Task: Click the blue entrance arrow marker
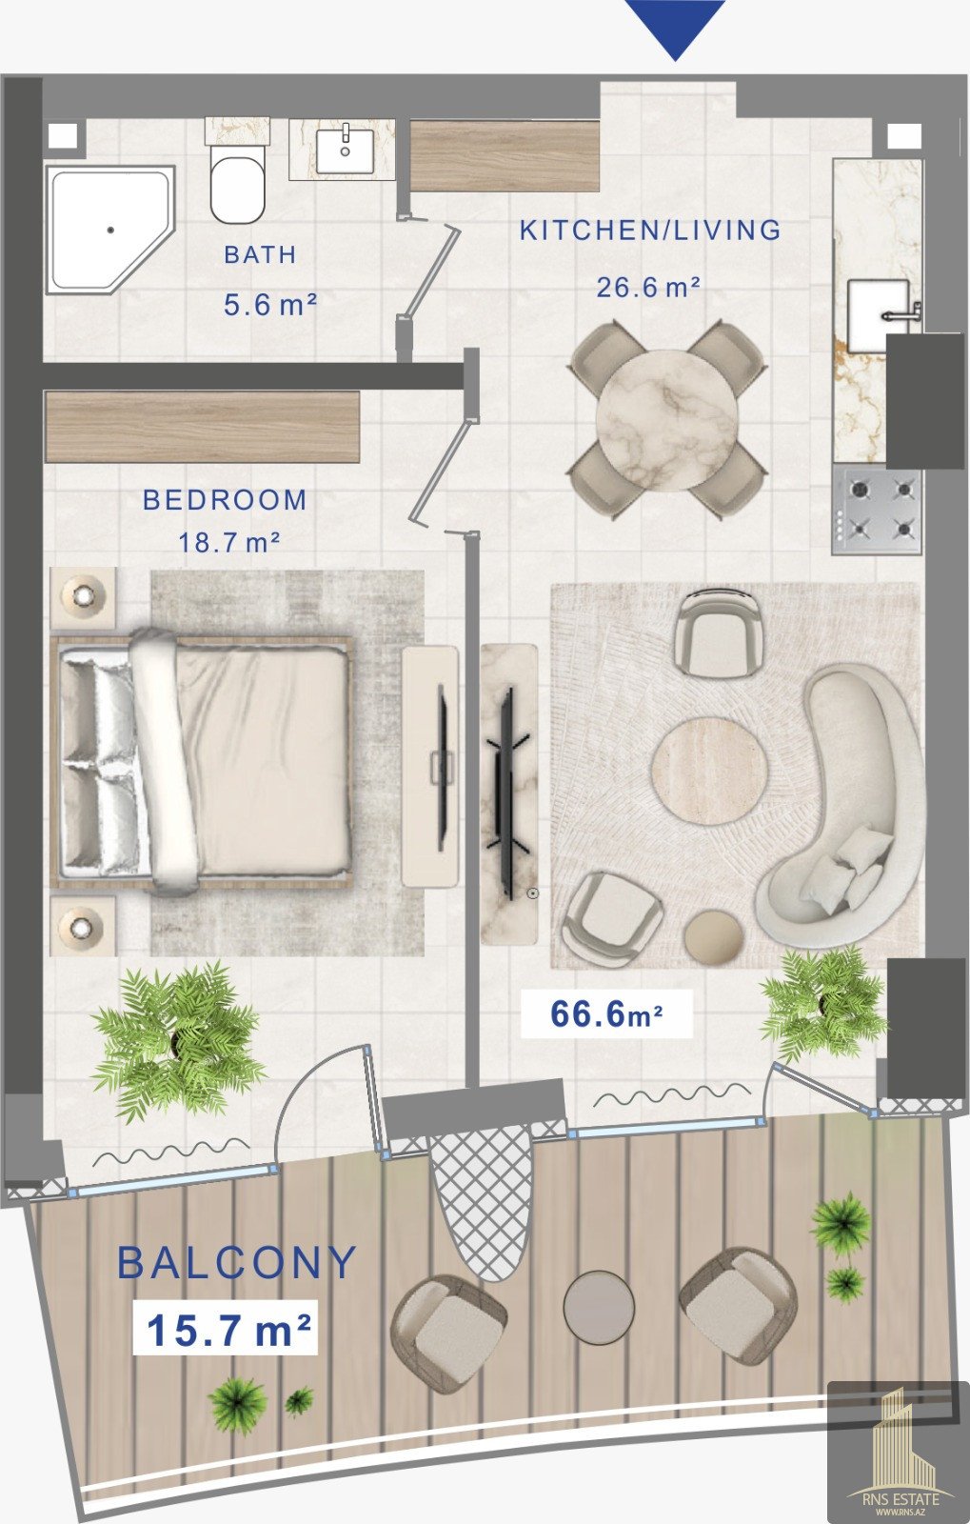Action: pyautogui.click(x=675, y=28)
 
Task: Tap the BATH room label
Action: pyautogui.click(x=261, y=255)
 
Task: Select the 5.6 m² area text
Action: pyautogui.click(x=270, y=304)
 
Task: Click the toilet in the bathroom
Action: pyautogui.click(x=237, y=183)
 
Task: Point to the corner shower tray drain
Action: pyautogui.click(x=110, y=230)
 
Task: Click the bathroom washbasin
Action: pyautogui.click(x=346, y=149)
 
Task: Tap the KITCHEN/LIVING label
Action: pyautogui.click(x=650, y=230)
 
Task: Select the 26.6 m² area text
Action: pyautogui.click(x=648, y=287)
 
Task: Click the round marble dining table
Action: pyautogui.click(x=667, y=421)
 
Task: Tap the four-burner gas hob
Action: pyautogui.click(x=878, y=509)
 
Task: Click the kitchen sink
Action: pyautogui.click(x=880, y=315)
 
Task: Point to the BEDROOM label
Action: pyautogui.click(x=225, y=500)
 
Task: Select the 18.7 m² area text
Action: pyautogui.click(x=229, y=543)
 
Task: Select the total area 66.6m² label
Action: pyautogui.click(x=606, y=1014)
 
